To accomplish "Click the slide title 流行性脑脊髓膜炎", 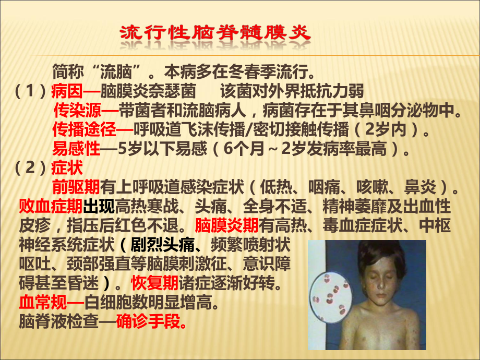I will coord(215,34).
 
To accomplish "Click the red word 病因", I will coord(66,92).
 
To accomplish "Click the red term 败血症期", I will coord(50,206).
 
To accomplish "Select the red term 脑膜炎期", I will coord(226,225).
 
